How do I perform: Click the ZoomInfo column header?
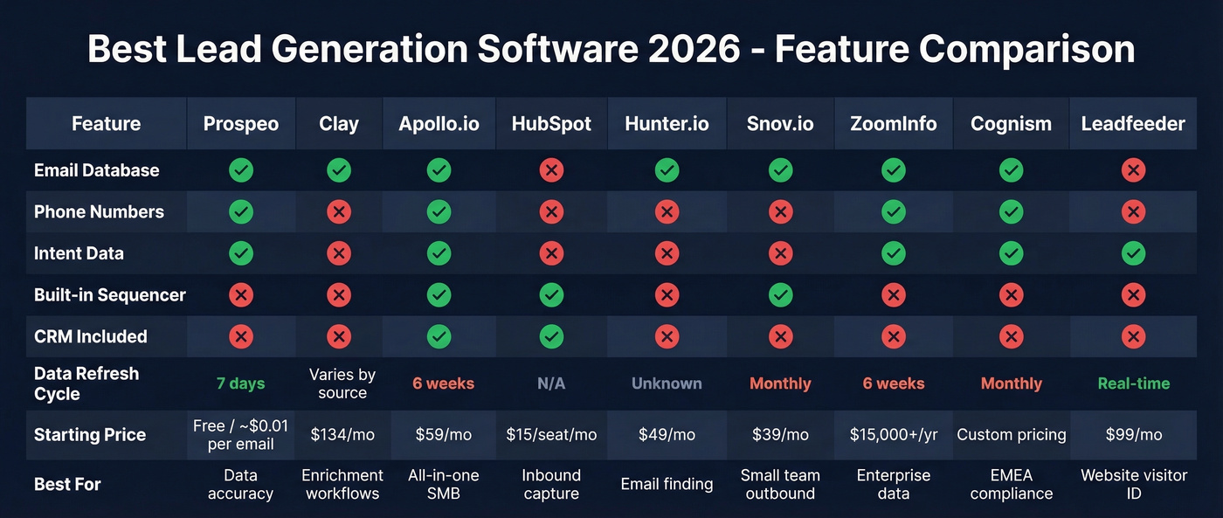coord(893,124)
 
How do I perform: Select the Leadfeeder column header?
coord(1133,124)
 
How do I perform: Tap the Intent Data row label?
coord(79,253)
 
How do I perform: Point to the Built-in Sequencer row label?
coord(109,295)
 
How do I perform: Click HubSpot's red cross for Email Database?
coord(551,170)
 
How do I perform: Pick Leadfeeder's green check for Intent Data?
coord(1133,253)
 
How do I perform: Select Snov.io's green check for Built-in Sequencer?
coord(780,295)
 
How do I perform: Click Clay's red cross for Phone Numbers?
coord(339,212)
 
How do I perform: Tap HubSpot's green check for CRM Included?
coord(551,336)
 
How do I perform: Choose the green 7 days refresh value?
coord(240,383)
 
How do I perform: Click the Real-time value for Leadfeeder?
coord(1133,383)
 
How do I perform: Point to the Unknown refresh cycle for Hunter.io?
coord(667,383)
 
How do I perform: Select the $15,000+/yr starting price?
coord(893,435)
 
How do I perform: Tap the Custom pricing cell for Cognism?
coord(1011,435)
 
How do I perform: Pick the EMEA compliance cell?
coord(1011,484)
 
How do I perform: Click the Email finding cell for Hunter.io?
coord(667,484)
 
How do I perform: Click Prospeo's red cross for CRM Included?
coord(240,336)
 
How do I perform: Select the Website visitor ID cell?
coord(1133,484)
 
